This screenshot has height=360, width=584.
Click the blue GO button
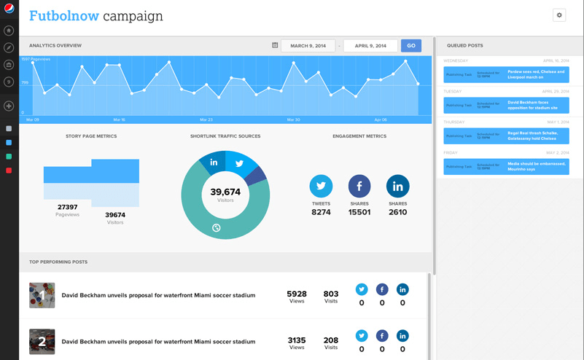(x=411, y=46)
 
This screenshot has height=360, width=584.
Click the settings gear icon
(x=559, y=15)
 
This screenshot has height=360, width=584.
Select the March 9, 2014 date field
(x=308, y=46)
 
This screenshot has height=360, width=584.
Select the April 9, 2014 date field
(x=370, y=46)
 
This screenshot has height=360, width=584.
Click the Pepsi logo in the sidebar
(x=9, y=9)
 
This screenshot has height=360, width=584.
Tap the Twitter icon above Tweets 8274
(x=321, y=186)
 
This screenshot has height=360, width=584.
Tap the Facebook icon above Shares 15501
(x=359, y=186)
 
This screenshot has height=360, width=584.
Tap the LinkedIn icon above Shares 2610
(x=397, y=186)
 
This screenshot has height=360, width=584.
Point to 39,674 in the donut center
(x=225, y=192)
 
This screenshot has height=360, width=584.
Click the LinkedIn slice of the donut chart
(x=213, y=162)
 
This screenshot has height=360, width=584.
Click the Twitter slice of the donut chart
(x=239, y=163)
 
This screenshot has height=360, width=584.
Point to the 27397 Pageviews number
(x=68, y=207)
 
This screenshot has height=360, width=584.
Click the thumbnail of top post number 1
(x=42, y=295)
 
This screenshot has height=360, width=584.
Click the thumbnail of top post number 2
(x=42, y=341)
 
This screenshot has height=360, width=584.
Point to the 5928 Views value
(x=297, y=294)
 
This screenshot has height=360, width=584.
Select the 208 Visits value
(x=331, y=340)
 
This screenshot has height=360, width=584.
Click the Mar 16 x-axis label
(x=119, y=120)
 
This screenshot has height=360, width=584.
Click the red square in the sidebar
(x=9, y=171)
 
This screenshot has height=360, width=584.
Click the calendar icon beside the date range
(x=275, y=46)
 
